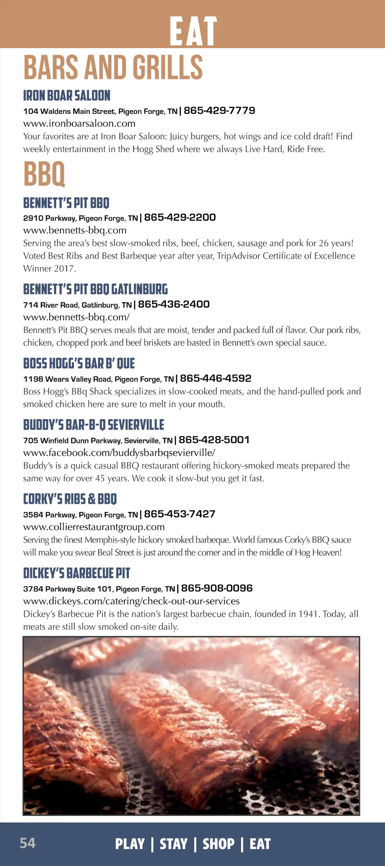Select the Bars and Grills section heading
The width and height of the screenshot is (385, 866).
[113, 67]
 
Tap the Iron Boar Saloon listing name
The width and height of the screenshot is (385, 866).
[67, 96]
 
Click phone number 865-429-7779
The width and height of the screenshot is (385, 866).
[219, 111]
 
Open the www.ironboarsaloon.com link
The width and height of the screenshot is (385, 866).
[79, 123]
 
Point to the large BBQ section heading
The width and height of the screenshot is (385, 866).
[44, 174]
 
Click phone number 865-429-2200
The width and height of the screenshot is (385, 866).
[180, 217]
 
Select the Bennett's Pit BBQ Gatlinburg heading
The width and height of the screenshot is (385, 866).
[95, 289]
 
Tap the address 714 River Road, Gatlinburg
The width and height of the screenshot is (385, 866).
[77, 305]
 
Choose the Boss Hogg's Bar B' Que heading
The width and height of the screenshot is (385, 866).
[79, 363]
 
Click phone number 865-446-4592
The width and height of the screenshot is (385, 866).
[216, 378]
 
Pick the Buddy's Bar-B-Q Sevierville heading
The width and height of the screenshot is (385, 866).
[93, 425]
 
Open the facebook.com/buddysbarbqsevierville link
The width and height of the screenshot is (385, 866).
[119, 453]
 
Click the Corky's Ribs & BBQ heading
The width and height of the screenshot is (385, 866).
[70, 499]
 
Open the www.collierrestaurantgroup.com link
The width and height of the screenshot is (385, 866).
[94, 527]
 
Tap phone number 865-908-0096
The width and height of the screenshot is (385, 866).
[217, 588]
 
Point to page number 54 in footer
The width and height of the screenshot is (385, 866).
[28, 843]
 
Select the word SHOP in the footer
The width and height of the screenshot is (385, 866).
[218, 844]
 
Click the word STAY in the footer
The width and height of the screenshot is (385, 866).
[173, 844]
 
